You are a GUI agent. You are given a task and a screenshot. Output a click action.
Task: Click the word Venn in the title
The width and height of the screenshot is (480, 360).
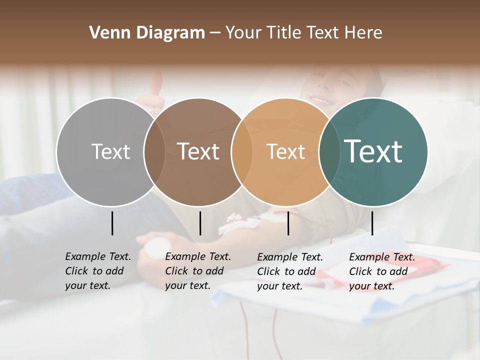[107, 33]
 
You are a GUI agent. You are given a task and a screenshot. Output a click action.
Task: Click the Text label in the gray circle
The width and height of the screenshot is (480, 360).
[110, 151]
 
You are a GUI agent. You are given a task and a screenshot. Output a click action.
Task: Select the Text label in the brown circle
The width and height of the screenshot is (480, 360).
[198, 151]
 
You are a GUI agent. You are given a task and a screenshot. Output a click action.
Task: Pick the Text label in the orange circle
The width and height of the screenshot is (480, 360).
[285, 151]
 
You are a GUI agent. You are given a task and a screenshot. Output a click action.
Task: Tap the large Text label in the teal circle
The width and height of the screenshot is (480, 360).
[373, 151]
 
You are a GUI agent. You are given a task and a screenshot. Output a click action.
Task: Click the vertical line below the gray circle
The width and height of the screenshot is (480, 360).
[112, 223]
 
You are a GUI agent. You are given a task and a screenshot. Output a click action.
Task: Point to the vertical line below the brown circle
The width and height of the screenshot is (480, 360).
[200, 223]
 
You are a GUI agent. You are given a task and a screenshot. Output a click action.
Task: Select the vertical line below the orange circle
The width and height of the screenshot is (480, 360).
[288, 223]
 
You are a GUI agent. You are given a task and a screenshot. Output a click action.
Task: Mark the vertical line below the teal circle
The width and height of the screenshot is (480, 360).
[372, 223]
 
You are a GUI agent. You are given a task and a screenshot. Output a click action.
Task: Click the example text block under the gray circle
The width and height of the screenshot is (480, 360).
[98, 271]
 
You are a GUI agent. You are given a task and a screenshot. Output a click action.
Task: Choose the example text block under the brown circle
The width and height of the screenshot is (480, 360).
[198, 271]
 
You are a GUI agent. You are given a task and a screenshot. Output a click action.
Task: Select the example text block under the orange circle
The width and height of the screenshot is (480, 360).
[290, 271]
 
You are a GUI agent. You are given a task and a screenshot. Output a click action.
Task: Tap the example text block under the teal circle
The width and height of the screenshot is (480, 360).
[382, 271]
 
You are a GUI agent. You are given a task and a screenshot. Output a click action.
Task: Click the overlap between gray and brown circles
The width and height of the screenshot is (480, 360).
[154, 151]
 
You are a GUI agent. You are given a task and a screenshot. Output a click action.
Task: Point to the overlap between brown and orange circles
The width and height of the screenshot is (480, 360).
[242, 151]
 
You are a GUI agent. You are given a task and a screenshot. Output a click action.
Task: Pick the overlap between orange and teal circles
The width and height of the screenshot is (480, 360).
[329, 151]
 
